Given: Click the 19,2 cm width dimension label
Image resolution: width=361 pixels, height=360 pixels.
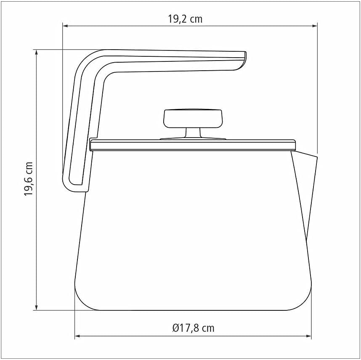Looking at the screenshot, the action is (185, 19).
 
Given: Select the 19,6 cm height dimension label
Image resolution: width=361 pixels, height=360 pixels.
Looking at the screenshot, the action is (29, 179).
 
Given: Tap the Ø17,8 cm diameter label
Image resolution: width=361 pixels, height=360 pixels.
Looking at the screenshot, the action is (193, 328).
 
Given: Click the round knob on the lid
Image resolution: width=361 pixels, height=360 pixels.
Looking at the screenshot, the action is (193, 119).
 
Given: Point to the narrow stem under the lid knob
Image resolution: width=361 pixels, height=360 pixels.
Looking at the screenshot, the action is (193, 133).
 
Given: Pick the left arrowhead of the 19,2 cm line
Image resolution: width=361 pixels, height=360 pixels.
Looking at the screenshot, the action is (65, 26).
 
